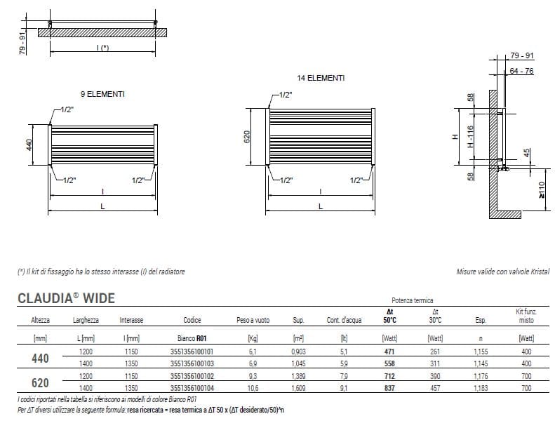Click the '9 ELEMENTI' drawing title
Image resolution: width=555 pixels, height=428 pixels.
pyautogui.click(x=102, y=94)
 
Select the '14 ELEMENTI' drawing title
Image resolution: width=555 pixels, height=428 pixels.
pyautogui.click(x=321, y=78)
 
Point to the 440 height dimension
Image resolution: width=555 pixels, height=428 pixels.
pyautogui.click(x=29, y=145)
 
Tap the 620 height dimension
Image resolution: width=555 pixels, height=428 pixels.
pyautogui.click(x=247, y=137)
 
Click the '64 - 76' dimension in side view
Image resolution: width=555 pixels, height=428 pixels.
pyautogui.click(x=522, y=71)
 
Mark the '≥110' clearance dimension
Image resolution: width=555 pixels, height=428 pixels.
pyautogui.click(x=542, y=190)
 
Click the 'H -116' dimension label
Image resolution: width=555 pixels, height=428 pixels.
pyautogui.click(x=470, y=137)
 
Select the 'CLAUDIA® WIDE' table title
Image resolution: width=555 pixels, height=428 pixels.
pyautogui.click(x=66, y=298)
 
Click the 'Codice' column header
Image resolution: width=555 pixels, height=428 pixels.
pyautogui.click(x=192, y=320)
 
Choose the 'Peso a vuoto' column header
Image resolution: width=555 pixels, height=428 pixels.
pyautogui.click(x=253, y=320)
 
